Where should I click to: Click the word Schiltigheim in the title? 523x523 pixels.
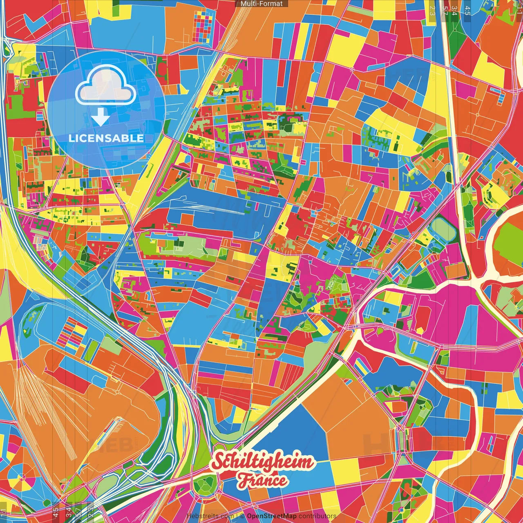point(263,462)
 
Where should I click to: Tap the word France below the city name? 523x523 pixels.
point(262,480)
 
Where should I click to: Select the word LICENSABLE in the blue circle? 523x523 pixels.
point(106,138)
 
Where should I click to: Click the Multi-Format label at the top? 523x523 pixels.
point(261,4)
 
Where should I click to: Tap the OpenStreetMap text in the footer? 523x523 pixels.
point(271,516)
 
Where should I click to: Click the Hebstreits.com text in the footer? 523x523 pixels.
point(210,516)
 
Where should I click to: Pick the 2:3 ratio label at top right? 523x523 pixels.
point(432,9)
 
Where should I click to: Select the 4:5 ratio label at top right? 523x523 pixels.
point(467,9)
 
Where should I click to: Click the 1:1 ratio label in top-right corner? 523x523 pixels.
point(519,7)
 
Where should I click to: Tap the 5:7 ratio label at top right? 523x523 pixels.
point(445,9)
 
